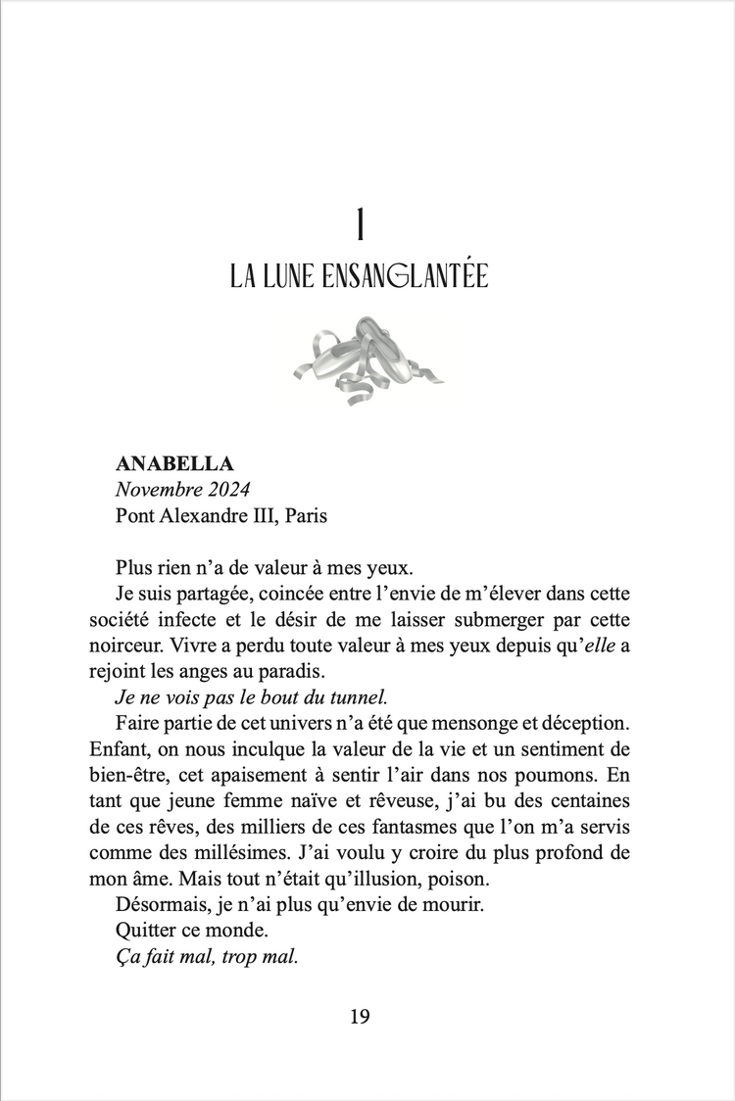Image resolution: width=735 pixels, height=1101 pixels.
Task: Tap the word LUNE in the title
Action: click(x=286, y=276)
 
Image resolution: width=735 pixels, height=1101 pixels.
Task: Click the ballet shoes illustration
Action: click(x=367, y=359)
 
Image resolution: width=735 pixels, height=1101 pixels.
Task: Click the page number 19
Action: click(x=360, y=1017)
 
